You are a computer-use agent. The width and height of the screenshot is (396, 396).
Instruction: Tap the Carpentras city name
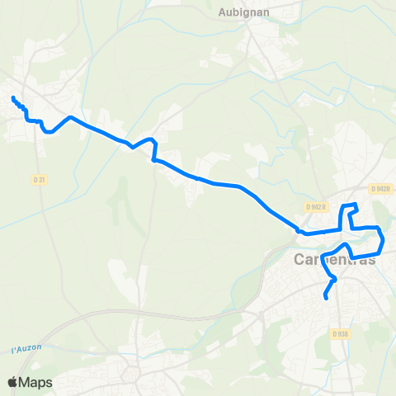tap(335, 260)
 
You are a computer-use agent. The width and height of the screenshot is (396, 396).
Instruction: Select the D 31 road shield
tap(39, 179)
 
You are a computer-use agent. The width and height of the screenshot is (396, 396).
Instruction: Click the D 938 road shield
tap(341, 333)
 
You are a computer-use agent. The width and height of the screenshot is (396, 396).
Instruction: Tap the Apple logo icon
tap(12, 382)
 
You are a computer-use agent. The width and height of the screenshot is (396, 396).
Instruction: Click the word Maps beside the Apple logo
tap(36, 382)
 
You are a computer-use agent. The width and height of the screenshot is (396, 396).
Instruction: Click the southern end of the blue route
tap(327, 298)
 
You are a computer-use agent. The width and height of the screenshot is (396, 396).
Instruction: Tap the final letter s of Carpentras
tap(371, 261)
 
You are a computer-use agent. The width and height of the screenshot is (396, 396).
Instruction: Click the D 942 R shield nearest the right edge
tap(380, 189)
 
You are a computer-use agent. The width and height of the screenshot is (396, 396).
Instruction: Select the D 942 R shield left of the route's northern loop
tap(316, 205)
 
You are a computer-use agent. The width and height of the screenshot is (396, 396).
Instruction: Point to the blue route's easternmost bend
tap(384, 239)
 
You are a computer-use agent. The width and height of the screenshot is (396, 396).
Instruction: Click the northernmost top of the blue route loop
tap(353, 204)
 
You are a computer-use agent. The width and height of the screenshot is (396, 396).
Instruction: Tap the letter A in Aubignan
tap(223, 12)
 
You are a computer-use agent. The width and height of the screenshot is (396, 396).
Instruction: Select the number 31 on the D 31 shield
tap(41, 179)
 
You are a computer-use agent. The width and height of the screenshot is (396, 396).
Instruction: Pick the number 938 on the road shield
tap(343, 333)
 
